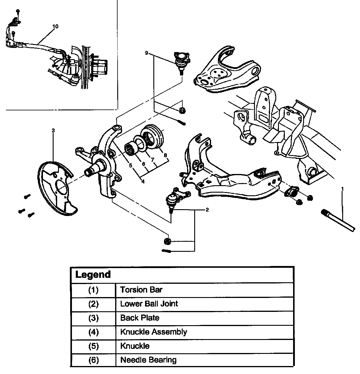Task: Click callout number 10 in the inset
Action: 55,26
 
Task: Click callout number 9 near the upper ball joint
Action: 147,53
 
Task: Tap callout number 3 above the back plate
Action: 53,130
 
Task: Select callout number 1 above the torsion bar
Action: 343,188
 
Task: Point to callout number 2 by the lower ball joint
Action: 207,210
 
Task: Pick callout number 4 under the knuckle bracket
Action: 143,181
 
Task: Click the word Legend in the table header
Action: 93,275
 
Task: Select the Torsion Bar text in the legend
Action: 141,289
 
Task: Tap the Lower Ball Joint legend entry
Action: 149,304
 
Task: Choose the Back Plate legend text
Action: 140,318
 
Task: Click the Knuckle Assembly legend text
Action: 153,332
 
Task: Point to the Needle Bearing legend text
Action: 148,360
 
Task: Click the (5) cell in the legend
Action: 93,346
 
